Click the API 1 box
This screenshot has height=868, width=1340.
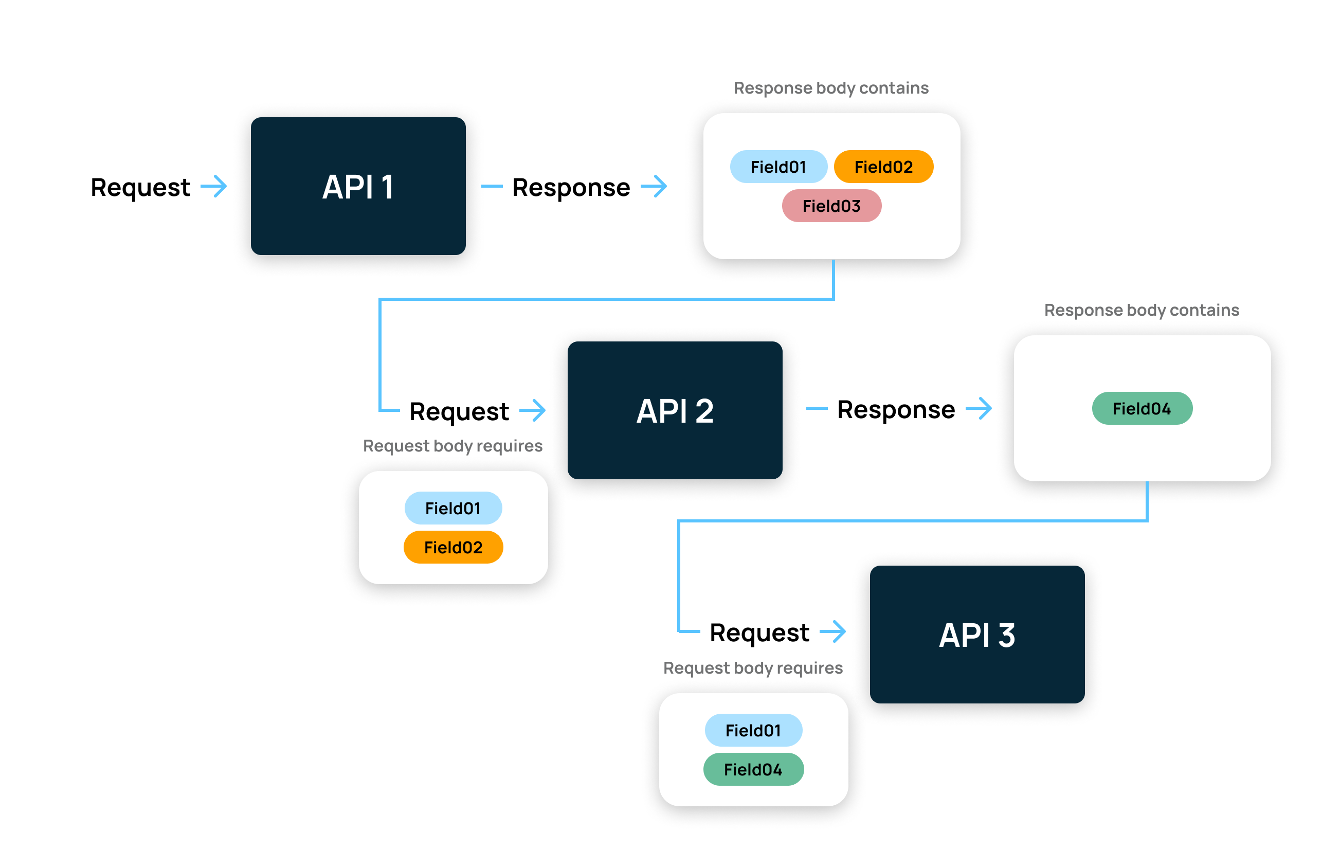click(x=358, y=186)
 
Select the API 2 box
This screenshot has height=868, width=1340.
click(x=675, y=410)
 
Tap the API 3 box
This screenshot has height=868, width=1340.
click(x=977, y=634)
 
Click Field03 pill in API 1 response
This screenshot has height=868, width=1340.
click(x=831, y=206)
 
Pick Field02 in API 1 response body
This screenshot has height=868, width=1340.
click(x=883, y=167)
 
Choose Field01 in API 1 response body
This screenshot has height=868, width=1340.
click(x=778, y=167)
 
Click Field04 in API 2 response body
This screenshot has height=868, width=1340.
click(x=1142, y=408)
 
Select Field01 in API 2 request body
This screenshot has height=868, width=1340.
click(x=453, y=508)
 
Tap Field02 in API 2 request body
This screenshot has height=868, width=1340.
click(x=453, y=547)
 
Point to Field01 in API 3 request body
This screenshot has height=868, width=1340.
click(x=753, y=730)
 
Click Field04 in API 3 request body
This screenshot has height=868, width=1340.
click(x=753, y=769)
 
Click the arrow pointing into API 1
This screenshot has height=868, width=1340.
click(x=214, y=186)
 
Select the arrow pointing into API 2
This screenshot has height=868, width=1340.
click(x=533, y=410)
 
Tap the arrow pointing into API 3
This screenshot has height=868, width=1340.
click(x=832, y=631)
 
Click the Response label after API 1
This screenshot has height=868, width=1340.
click(x=571, y=188)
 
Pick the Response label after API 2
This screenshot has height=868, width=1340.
click(x=896, y=410)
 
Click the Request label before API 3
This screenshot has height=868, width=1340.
click(x=759, y=632)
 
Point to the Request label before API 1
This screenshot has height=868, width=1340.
click(x=140, y=188)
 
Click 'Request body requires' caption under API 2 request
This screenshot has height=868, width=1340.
click(x=452, y=445)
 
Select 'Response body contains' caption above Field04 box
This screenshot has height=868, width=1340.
click(x=1142, y=310)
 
